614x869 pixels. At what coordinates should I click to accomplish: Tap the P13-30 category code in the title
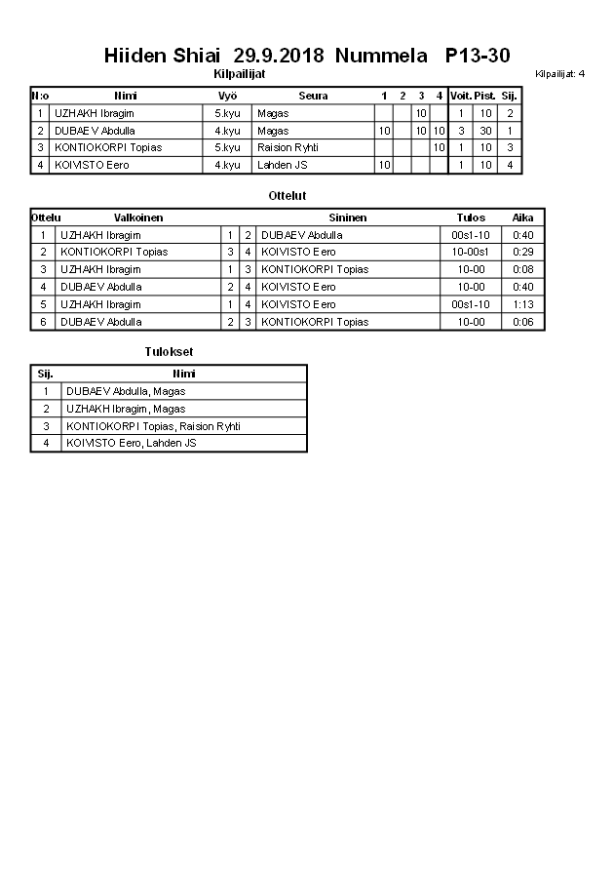point(477,56)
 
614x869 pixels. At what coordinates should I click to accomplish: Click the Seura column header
point(313,96)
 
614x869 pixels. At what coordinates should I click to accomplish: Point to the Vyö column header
point(228,96)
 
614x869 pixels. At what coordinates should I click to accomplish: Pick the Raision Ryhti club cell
point(288,147)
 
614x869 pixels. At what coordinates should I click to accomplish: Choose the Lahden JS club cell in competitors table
point(283,165)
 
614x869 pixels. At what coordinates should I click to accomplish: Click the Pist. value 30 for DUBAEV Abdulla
point(484,131)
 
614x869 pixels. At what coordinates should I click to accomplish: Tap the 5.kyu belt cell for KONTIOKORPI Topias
point(227,147)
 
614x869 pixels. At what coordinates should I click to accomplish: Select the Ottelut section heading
point(287,196)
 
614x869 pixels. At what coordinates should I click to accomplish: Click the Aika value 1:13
point(522,304)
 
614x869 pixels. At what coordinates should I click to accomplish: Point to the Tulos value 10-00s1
point(471,252)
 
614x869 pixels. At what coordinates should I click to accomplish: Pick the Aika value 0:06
point(522,322)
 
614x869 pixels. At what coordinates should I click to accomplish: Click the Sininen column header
point(348,217)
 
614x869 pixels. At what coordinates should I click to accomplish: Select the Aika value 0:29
point(522,252)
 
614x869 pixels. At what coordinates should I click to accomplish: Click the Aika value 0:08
point(522,269)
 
